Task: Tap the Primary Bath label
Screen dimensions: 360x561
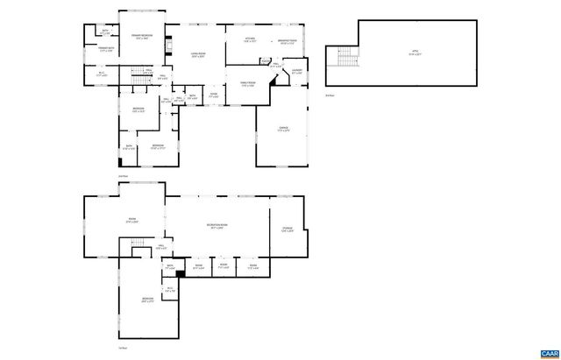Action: coord(107,50)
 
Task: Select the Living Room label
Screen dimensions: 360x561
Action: coord(198,54)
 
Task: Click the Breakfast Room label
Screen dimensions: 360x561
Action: coord(288,41)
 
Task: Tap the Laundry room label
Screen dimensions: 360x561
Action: coord(297,72)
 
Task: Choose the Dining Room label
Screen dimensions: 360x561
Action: coord(248,84)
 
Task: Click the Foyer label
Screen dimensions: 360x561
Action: coord(213,95)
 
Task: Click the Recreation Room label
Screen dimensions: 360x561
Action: coord(217,226)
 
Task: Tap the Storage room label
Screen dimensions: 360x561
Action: coord(288,232)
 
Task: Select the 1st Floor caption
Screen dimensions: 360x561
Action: coord(123,349)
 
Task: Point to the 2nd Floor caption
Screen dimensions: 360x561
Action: coord(123,176)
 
